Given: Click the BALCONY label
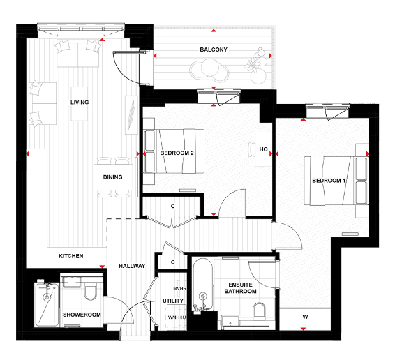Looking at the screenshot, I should [214, 50].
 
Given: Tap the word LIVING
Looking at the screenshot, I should [80, 103].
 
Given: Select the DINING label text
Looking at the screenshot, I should [113, 177].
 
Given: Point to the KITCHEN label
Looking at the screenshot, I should [70, 256].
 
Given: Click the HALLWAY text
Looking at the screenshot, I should [131, 266].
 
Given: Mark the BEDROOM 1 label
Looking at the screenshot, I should [329, 181].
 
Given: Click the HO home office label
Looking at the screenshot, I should [264, 149].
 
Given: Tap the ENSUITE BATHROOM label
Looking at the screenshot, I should [238, 287].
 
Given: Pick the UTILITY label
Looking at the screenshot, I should [174, 301].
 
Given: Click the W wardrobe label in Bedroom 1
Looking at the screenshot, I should [305, 317].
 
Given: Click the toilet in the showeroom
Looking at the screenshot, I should [89, 293].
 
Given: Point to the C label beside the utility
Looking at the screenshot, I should [174, 262].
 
